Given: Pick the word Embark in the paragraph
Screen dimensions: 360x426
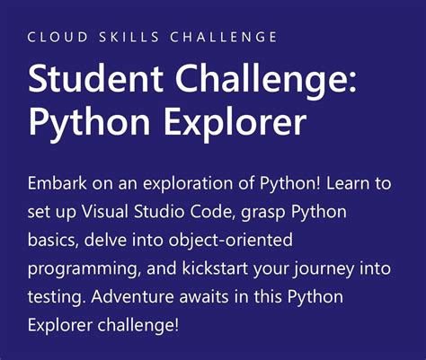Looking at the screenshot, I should pos(56,185).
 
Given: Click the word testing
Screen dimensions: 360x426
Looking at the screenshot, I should pos(53,296).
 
